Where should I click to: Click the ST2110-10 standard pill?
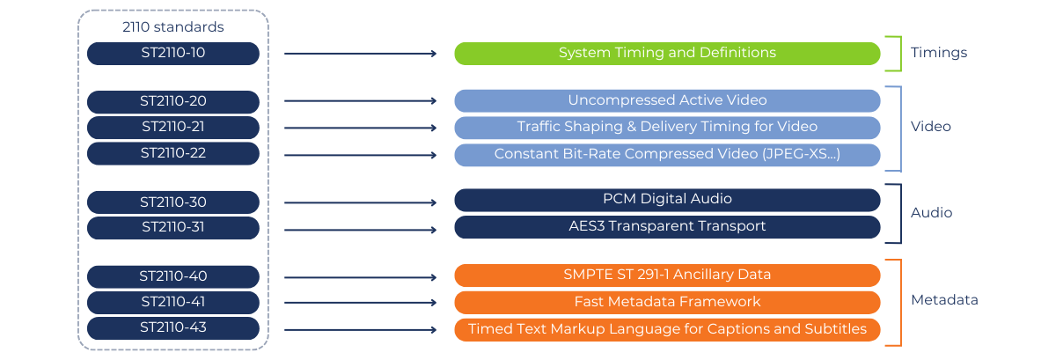(x=173, y=54)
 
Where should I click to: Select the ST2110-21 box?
(x=173, y=128)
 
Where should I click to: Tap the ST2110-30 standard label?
(x=173, y=202)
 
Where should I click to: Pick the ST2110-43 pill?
(x=173, y=329)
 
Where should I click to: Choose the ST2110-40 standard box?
(x=173, y=276)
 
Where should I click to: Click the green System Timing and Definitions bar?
(x=667, y=54)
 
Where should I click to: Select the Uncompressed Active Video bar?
(x=667, y=100)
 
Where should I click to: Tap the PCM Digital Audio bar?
(x=667, y=200)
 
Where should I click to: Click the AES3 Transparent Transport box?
(x=667, y=227)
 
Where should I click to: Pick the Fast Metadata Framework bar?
(x=667, y=302)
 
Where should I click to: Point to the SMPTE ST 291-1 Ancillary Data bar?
(x=667, y=276)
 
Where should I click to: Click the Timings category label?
(x=938, y=53)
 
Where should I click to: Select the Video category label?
(x=930, y=127)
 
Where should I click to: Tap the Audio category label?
(x=931, y=213)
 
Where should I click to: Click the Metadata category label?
(x=943, y=300)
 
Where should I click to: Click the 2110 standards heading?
(x=172, y=27)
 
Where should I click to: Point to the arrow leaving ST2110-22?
(x=360, y=156)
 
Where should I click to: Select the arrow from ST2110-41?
(x=360, y=304)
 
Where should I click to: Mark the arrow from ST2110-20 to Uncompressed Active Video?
(x=360, y=102)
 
